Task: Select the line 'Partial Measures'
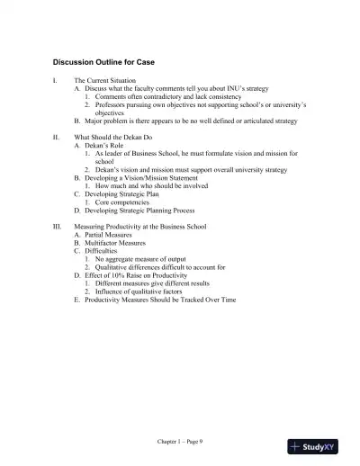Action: point(106,235)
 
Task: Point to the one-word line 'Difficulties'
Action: point(98,251)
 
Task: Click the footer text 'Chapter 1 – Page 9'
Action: point(179,442)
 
